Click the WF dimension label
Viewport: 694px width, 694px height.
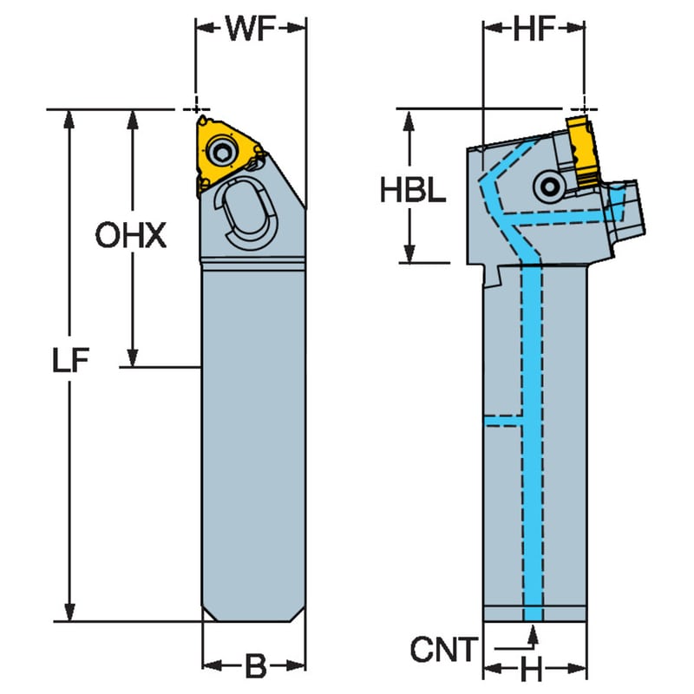[251, 29]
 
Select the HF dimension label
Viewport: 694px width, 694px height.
[534, 29]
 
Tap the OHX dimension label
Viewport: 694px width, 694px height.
[131, 235]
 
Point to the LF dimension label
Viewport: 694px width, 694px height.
[71, 359]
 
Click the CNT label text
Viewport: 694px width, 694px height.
[444, 649]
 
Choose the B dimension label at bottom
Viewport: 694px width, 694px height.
[255, 665]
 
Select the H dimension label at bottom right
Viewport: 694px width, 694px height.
[532, 669]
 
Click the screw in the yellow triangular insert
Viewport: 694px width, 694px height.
[220, 151]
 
